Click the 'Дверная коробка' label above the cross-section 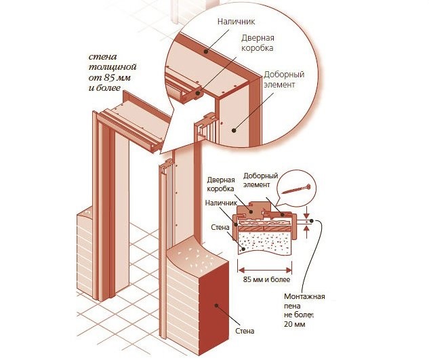(220, 184)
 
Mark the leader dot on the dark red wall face (218, 306)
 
